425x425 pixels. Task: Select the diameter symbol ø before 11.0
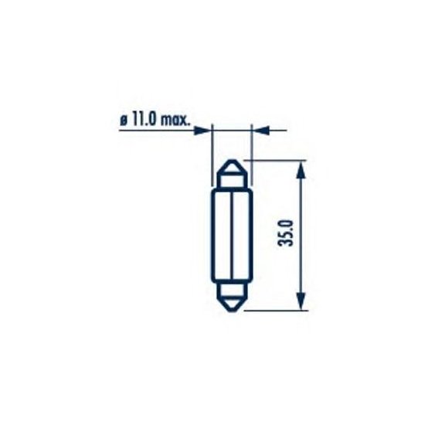(124, 121)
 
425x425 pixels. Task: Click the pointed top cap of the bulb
(232, 168)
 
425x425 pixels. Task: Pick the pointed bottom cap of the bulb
(232, 302)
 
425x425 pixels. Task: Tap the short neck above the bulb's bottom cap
(232, 287)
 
